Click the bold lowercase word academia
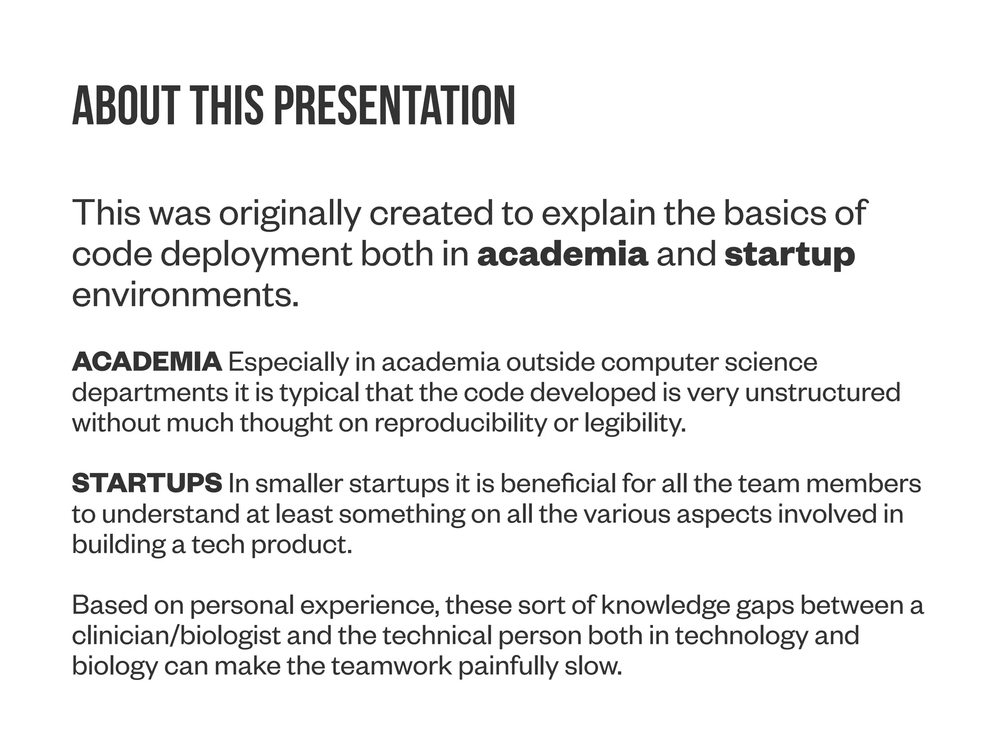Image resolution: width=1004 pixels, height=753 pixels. pos(562,255)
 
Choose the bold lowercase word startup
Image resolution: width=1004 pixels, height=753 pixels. pos(789,255)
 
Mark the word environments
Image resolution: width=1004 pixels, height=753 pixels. pos(185,295)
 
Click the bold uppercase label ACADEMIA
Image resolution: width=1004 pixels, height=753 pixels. pos(147,362)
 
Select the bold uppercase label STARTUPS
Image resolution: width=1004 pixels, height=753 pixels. pos(147,483)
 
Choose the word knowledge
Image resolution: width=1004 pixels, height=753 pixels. pos(665,605)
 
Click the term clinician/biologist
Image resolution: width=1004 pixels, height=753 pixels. pos(176,636)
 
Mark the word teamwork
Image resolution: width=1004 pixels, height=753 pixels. pos(392,666)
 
